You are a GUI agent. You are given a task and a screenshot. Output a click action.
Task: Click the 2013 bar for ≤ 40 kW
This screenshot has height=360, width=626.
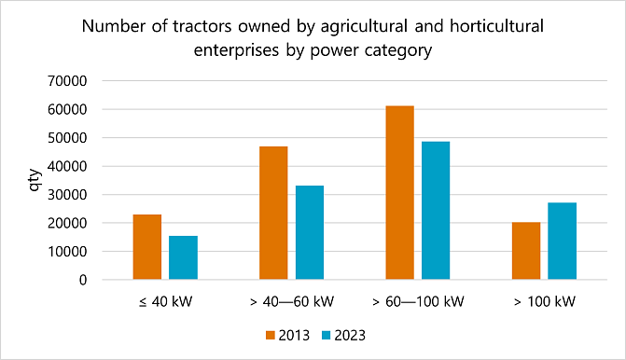(x=147, y=247)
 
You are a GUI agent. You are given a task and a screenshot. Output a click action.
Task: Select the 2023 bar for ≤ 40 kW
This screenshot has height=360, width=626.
(x=183, y=257)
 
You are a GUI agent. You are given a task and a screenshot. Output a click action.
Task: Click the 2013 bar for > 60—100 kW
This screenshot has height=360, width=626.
(x=399, y=193)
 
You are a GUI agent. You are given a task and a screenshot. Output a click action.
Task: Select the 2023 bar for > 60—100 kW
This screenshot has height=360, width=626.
(x=436, y=211)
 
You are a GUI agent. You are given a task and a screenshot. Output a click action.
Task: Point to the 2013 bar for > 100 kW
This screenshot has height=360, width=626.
(x=526, y=251)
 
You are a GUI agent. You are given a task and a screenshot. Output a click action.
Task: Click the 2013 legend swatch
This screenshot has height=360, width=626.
(x=271, y=333)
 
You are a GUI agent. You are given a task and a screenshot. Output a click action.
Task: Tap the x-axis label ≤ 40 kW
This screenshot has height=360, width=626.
(x=165, y=302)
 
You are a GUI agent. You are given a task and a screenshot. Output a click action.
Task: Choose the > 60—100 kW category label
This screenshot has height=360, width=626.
(x=417, y=302)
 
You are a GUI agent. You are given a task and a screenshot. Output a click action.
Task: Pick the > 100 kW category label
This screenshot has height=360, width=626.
(x=544, y=302)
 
